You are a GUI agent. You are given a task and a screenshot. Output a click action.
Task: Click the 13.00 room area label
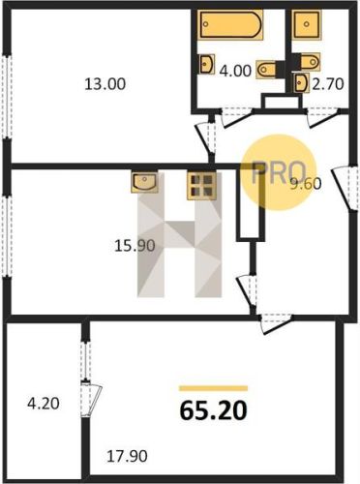105,84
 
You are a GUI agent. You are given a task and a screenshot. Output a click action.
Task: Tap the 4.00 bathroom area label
235,71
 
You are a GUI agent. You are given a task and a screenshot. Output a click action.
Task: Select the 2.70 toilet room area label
327,84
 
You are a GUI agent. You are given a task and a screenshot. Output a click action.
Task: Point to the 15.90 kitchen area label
135,246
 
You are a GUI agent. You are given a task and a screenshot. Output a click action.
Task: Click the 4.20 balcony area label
44,404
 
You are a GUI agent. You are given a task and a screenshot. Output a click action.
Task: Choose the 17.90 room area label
127,456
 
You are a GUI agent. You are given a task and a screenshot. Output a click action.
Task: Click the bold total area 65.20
214,410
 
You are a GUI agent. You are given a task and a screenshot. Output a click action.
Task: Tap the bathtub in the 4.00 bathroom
230,24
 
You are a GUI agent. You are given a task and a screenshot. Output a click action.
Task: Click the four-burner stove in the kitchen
201,186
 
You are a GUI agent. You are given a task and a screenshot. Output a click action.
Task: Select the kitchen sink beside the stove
144,182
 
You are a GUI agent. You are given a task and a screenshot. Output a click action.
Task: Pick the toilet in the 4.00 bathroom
266,69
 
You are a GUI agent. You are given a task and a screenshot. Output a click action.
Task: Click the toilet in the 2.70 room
310,61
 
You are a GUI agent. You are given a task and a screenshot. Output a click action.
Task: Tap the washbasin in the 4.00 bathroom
207,64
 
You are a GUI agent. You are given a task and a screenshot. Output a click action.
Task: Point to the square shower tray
307,24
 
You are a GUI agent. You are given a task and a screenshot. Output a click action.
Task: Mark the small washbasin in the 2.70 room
302,82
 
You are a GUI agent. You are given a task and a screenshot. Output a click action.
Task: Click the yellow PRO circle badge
279,172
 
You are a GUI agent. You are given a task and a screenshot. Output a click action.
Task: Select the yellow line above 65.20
214,388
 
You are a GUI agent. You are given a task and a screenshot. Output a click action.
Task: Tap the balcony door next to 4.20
91,400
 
